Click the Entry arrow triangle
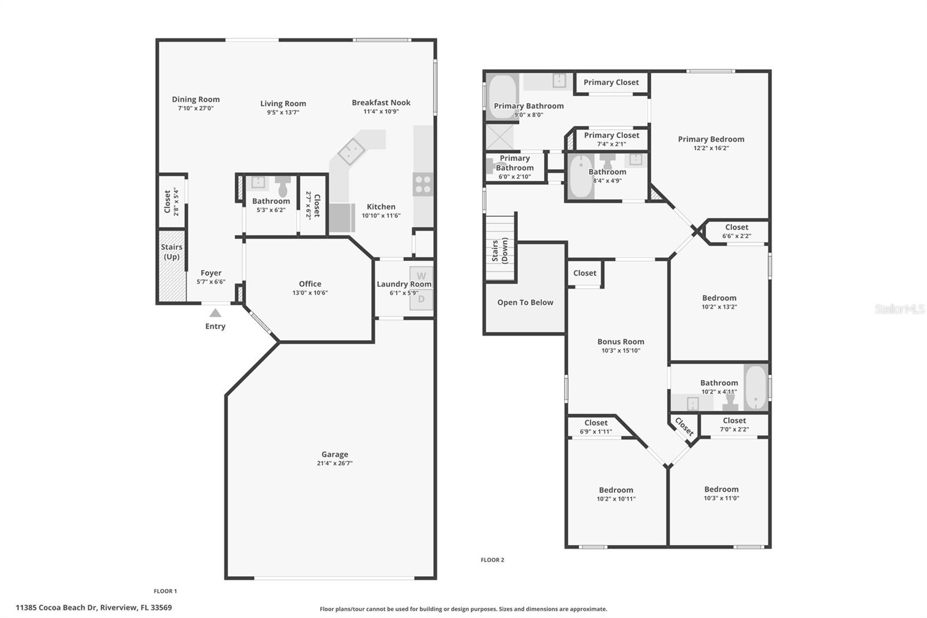215,313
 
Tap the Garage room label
335,455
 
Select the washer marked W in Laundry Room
421,276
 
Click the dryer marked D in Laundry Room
421,299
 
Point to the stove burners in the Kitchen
423,184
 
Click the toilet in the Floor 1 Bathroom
283,186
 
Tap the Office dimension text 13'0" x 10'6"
310,293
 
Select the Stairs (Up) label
171,252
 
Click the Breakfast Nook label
381,103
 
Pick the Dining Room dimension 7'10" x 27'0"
196,108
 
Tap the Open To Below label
525,302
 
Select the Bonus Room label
621,341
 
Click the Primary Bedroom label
711,139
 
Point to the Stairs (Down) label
500,250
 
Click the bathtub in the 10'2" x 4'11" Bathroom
756,387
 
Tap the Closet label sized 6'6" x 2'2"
736,227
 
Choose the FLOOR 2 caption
492,560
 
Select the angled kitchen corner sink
351,152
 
